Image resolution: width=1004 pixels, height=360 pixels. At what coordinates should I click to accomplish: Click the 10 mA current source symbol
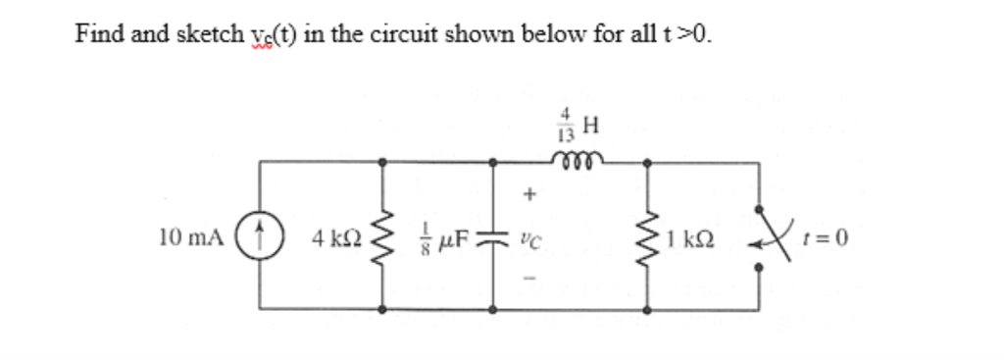260,237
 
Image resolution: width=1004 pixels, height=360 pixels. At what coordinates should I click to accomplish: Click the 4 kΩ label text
336,237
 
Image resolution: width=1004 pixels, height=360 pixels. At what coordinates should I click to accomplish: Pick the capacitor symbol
490,237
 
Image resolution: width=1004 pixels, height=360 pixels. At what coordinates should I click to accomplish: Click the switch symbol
759,235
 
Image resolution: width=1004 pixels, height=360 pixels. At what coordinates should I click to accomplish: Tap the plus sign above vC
531,195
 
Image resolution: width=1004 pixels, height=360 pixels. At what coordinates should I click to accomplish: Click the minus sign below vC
531,278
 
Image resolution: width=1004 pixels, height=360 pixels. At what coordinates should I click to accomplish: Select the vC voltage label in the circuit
531,237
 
